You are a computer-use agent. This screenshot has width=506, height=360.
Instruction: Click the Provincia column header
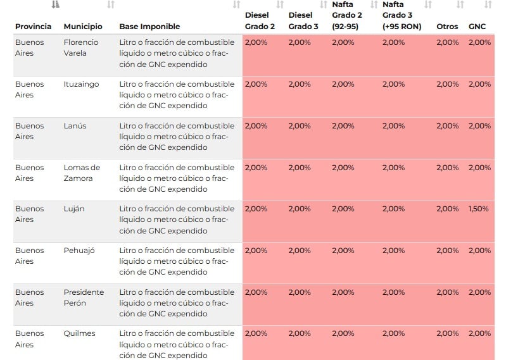pyautogui.click(x=33, y=27)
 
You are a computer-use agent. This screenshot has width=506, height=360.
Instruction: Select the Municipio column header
pyautogui.click(x=83, y=27)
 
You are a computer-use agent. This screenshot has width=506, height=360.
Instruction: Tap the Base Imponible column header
pyautogui.click(x=149, y=27)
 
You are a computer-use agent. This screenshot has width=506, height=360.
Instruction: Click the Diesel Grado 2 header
pyautogui.click(x=260, y=22)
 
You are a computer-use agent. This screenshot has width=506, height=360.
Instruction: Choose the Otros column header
pyautogui.click(x=447, y=27)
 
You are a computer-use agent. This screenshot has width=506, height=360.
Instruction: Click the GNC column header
pyautogui.click(x=477, y=27)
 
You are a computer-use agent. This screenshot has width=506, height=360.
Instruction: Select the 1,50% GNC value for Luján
pyautogui.click(x=479, y=209)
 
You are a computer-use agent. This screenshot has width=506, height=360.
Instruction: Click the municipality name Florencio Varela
pyautogui.click(x=82, y=47)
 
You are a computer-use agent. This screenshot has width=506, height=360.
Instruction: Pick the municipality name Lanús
pyautogui.click(x=75, y=126)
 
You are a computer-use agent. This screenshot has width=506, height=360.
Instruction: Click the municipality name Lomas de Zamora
pyautogui.click(x=82, y=173)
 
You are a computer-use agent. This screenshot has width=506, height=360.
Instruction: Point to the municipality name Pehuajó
pyautogui.click(x=79, y=251)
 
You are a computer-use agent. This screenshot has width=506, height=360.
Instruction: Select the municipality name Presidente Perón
pyautogui.click(x=83, y=297)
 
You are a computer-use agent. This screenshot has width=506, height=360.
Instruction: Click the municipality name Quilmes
pyautogui.click(x=79, y=333)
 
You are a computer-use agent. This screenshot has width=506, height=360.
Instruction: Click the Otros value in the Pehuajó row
pyautogui.click(x=447, y=251)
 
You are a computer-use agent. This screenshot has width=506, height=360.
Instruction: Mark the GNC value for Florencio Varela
pyautogui.click(x=479, y=42)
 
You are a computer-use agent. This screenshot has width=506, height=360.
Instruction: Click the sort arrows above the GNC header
pyautogui.click(x=488, y=5)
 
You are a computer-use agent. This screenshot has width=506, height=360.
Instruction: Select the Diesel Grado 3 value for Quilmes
pyautogui.click(x=299, y=333)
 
